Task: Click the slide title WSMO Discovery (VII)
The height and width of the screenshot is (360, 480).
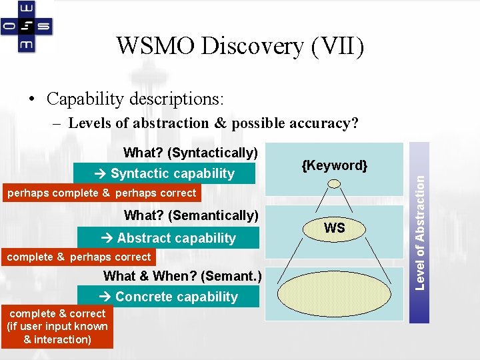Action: [x=240, y=46]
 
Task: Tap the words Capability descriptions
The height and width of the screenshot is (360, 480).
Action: [x=135, y=99]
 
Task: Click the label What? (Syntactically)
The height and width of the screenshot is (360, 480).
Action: [x=191, y=153]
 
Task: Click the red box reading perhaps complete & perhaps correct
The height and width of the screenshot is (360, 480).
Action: [x=100, y=193]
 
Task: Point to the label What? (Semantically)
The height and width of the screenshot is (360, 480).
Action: [x=191, y=215]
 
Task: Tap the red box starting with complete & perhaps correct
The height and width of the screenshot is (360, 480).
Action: [x=78, y=257]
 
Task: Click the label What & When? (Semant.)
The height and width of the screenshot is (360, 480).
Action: [x=182, y=276]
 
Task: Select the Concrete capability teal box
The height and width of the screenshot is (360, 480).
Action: [x=168, y=297]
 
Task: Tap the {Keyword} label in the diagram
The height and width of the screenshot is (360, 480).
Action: [x=334, y=165]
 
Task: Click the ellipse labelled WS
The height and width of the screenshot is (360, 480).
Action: [x=334, y=228]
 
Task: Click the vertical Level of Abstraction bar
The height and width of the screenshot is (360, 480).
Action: [x=419, y=232]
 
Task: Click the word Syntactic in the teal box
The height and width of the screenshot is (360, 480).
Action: [x=140, y=173]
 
